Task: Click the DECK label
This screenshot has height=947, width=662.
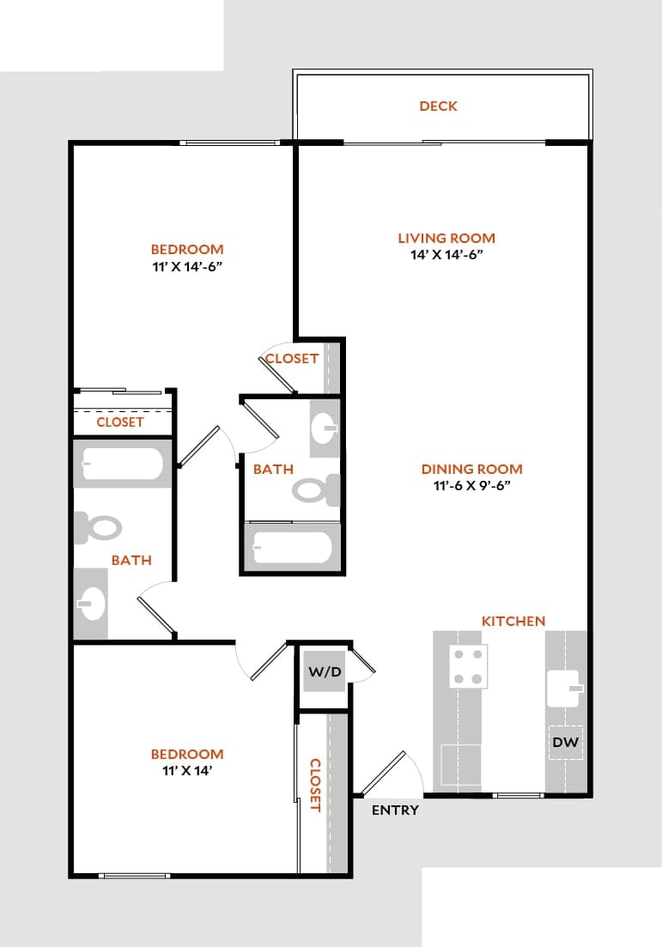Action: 438,106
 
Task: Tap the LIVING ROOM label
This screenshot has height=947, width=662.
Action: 446,238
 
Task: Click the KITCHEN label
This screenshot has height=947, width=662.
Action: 513,621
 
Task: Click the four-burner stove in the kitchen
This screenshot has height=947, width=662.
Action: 468,665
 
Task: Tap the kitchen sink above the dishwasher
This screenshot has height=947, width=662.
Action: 564,687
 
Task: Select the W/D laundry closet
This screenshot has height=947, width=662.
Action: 325,674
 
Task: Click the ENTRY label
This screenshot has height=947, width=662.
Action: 395,810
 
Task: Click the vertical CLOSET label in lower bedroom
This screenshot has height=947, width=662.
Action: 315,785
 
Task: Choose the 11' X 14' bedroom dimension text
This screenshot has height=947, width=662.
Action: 187,770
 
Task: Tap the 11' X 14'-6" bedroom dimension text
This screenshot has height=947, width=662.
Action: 187,266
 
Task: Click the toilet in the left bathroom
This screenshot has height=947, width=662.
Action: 99,527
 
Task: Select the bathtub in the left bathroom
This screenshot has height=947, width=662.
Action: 122,466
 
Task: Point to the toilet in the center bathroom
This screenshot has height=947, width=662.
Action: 314,490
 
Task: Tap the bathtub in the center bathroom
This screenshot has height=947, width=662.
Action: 292,548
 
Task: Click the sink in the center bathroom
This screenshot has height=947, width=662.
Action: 324,427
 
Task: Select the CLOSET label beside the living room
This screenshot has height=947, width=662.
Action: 292,359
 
